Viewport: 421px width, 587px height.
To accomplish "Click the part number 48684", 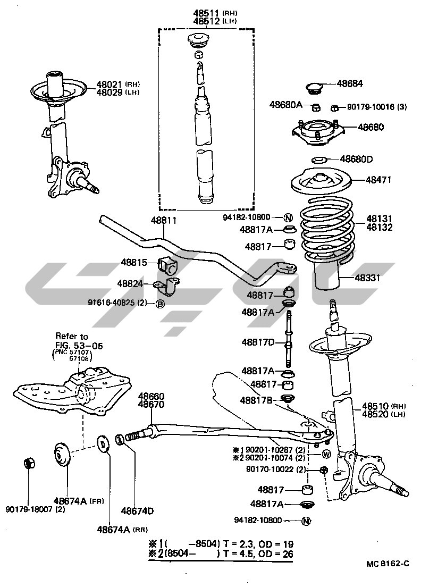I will [350, 83].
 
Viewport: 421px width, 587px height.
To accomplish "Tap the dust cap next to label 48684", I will [314, 87].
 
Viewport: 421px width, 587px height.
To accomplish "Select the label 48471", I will [378, 180].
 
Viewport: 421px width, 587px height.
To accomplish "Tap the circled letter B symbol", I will [159, 304].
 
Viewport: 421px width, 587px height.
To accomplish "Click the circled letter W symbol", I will [326, 454].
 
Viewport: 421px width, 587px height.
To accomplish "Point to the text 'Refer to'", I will [72, 336].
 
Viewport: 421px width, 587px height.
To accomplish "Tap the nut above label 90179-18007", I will [30, 463].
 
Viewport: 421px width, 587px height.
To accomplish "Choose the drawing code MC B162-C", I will [387, 564].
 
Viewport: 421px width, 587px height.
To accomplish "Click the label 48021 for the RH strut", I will [110, 84].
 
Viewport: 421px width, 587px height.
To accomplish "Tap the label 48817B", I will [257, 400].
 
